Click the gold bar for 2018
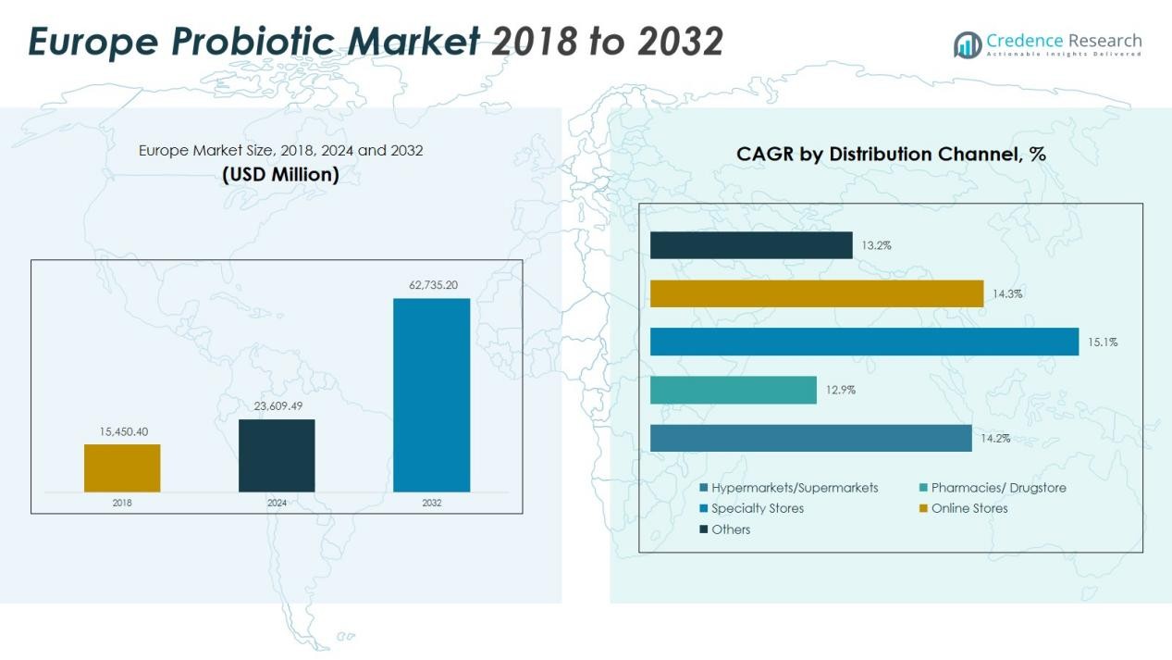pos(122,468)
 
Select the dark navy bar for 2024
pos(277,455)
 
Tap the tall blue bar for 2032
pos(431,395)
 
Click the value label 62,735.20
pos(433,285)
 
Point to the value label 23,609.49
pos(278,405)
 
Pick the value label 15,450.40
pos(123,431)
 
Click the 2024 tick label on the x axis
pos(277,503)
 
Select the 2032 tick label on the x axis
pos(431,503)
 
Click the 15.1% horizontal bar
pos(864,342)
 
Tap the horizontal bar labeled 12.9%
pos(733,390)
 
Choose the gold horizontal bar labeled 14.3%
pos(816,293)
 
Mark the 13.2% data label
pos(876,245)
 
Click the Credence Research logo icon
pos(968,44)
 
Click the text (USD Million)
pos(280,174)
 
